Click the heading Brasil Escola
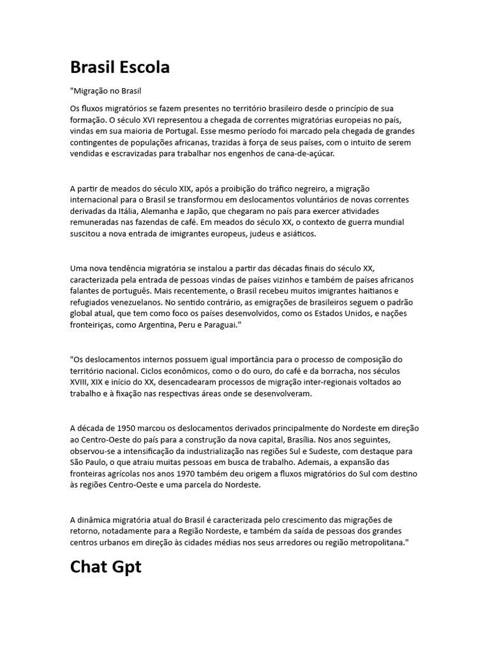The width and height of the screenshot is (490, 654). click(120, 67)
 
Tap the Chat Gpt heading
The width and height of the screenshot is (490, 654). click(105, 567)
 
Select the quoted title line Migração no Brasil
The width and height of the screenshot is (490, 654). click(105, 91)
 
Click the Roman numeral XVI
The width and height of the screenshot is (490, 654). click(168, 119)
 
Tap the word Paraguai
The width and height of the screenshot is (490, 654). click(219, 326)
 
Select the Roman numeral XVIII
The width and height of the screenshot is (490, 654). click(81, 383)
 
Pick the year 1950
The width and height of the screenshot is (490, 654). click(127, 429)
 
